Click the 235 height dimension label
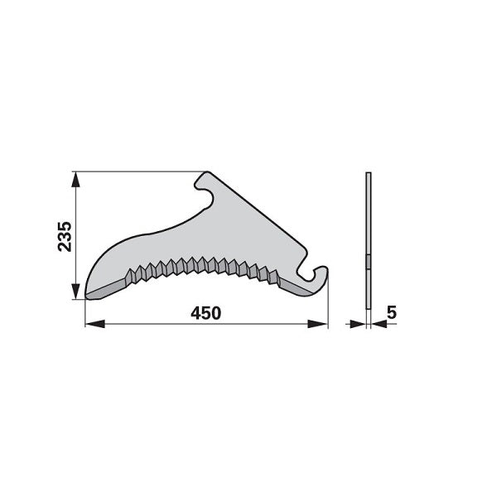tap(65, 237)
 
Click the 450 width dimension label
tap(205, 313)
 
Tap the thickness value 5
tap(392, 313)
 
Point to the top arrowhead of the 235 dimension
tap(75, 181)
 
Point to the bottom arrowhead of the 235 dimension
tap(75, 291)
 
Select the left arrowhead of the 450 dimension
tap(95, 324)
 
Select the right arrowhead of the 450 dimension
tap(317, 324)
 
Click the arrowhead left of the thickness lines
tap(358, 324)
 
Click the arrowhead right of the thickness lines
tap(379, 324)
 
